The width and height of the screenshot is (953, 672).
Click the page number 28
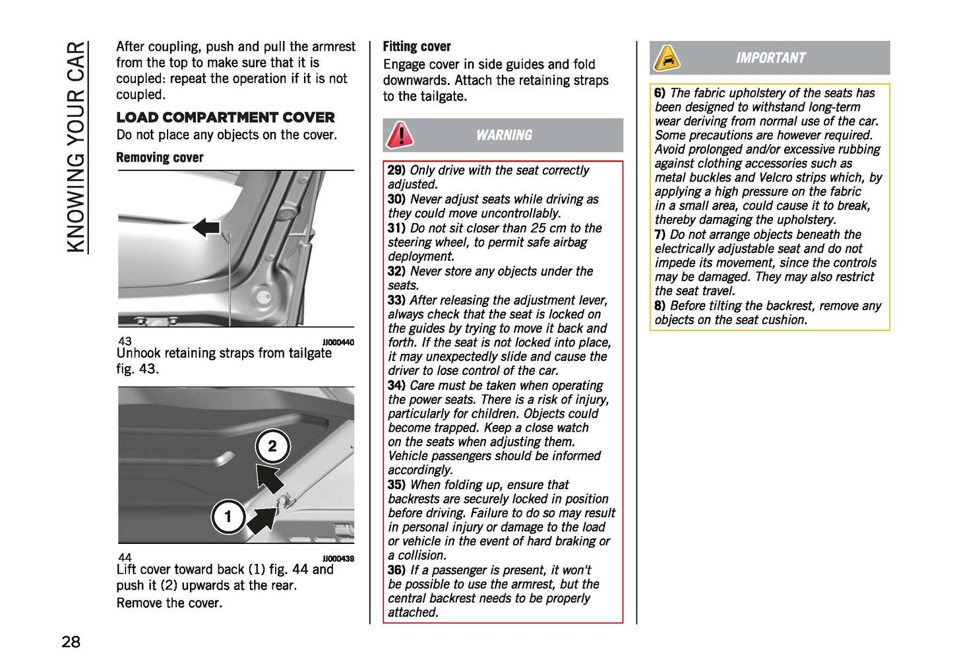[x=71, y=642]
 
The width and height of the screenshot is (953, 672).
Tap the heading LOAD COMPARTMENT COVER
[x=226, y=118]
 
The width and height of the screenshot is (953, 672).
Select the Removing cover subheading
[x=160, y=158]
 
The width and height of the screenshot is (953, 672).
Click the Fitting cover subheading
[x=417, y=47]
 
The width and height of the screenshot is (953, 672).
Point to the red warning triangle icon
[x=400, y=135]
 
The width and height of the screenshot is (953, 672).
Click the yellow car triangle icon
[x=667, y=59]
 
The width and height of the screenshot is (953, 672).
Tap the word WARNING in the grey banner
[x=504, y=135]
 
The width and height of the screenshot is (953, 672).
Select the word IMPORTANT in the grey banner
[x=770, y=58]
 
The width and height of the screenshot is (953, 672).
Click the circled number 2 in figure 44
[x=272, y=446]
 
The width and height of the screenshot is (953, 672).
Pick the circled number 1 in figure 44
[x=228, y=516]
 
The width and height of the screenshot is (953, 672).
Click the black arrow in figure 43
[x=206, y=228]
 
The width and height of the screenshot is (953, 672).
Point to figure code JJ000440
[x=338, y=342]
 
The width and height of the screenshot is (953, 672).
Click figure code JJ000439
[x=338, y=558]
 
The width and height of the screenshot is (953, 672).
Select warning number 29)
[x=396, y=170]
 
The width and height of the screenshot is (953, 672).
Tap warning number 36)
[x=396, y=570]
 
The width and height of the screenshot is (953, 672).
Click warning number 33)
[x=396, y=300]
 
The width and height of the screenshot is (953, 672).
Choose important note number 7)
[x=660, y=235]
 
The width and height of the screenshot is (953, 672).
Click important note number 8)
[x=660, y=306]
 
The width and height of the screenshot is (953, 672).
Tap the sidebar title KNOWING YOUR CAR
[x=77, y=147]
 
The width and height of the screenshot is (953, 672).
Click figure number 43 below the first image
[x=125, y=341]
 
